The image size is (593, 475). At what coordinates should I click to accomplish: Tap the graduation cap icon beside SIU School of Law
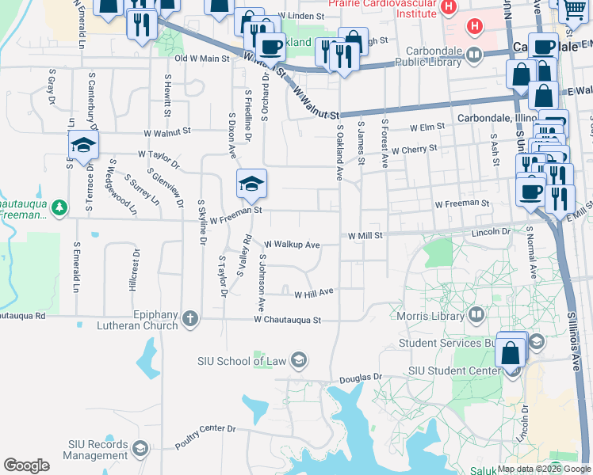tap(299, 361)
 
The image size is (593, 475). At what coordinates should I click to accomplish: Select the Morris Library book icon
tap(476, 315)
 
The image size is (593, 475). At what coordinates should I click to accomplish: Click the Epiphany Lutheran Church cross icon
tap(189, 319)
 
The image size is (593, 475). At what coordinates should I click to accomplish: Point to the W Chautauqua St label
tap(287, 321)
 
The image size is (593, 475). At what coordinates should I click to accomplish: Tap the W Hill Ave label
tap(313, 294)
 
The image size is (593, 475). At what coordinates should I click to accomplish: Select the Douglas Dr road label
tap(361, 379)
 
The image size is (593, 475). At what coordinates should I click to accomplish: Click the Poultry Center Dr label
tap(205, 436)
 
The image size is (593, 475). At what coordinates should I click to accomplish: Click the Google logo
tap(26, 465)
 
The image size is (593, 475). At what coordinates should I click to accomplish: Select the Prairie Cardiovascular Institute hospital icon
tap(449, 8)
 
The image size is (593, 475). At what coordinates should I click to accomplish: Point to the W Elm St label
tap(427, 127)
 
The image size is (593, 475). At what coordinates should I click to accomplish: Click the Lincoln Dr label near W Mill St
tap(492, 232)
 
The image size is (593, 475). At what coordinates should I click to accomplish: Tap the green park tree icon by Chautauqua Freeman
tap(59, 208)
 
